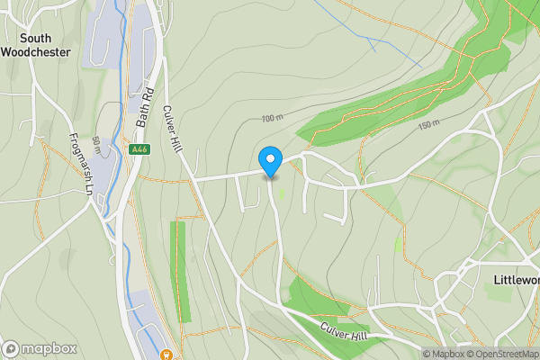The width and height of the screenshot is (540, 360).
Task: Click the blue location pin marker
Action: point(271,161)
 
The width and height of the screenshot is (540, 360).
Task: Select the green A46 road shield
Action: point(139,150)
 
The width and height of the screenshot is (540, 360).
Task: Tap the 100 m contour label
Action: point(273,119)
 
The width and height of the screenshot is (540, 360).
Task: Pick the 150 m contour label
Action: point(427,123)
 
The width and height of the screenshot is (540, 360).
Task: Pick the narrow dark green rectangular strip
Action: point(182,271)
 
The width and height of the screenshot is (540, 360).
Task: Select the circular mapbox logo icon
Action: point(11,348)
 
